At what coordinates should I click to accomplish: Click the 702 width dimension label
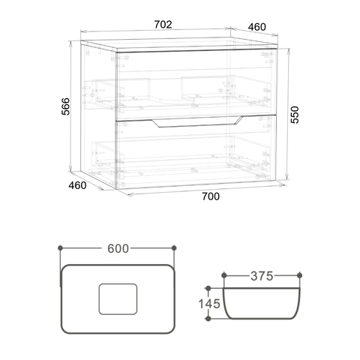coord(163,25)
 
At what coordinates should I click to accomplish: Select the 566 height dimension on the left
coord(66,106)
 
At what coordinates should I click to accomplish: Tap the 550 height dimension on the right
coord(295,115)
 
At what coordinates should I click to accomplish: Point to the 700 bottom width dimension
coord(211,196)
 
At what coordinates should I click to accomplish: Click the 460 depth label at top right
coord(257,27)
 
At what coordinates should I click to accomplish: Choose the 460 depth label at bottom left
coord(77,185)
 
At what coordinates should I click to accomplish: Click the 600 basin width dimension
coord(118,248)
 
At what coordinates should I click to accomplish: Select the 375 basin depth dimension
coord(262,276)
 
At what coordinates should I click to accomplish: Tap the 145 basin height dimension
coord(209,304)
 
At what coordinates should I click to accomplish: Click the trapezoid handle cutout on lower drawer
coord(197,122)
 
